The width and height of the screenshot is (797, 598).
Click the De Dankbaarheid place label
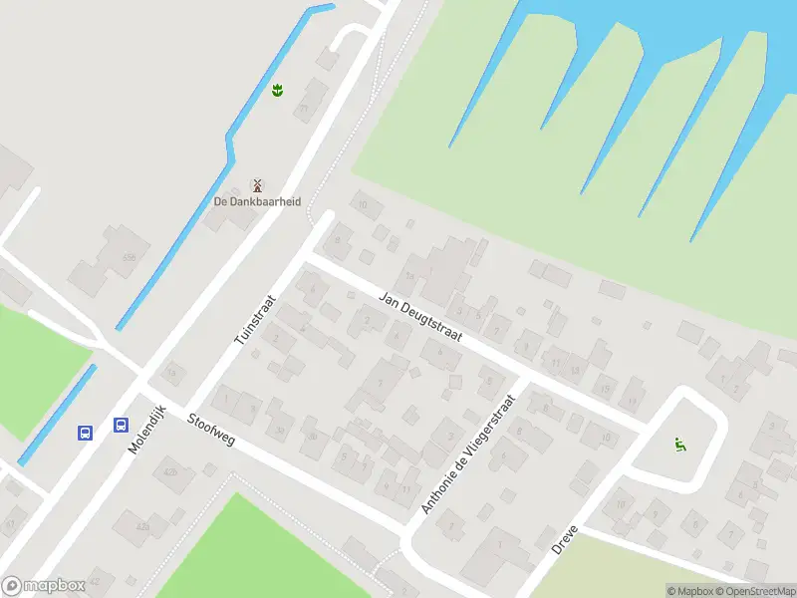click(257, 200)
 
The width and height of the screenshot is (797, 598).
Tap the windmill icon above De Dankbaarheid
click(257, 184)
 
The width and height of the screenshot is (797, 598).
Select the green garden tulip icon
click(277, 91)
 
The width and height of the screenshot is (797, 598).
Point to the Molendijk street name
click(145, 431)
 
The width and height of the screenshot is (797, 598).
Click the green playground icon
click(680, 445)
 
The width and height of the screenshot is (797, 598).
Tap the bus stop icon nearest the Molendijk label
click(121, 426)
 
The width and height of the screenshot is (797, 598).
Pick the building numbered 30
click(313, 436)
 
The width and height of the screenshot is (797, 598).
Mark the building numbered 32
click(280, 431)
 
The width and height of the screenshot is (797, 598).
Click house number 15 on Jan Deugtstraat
click(605, 389)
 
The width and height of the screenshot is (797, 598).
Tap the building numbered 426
click(170, 472)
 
